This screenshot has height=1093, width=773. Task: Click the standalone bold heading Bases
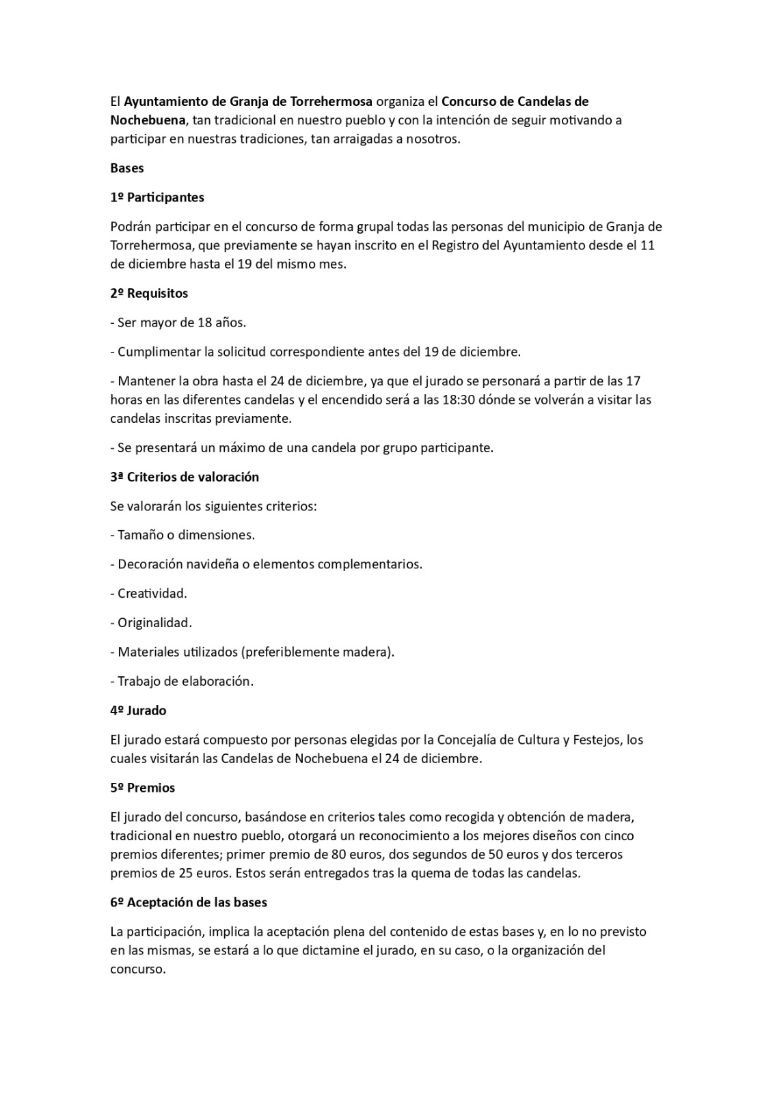(x=127, y=168)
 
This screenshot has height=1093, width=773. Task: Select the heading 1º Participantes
(x=157, y=197)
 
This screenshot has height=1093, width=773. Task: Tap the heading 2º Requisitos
(x=149, y=293)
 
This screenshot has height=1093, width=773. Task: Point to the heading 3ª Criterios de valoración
(x=185, y=477)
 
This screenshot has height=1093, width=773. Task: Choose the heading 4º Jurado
(x=138, y=710)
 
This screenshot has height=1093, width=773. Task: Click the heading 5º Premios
(x=142, y=788)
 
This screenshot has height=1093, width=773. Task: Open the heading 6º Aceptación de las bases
(x=189, y=902)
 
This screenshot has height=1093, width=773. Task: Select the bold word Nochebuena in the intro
(x=148, y=120)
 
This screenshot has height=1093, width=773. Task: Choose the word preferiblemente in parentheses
(x=292, y=652)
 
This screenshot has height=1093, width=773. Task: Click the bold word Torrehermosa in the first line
(x=331, y=102)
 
